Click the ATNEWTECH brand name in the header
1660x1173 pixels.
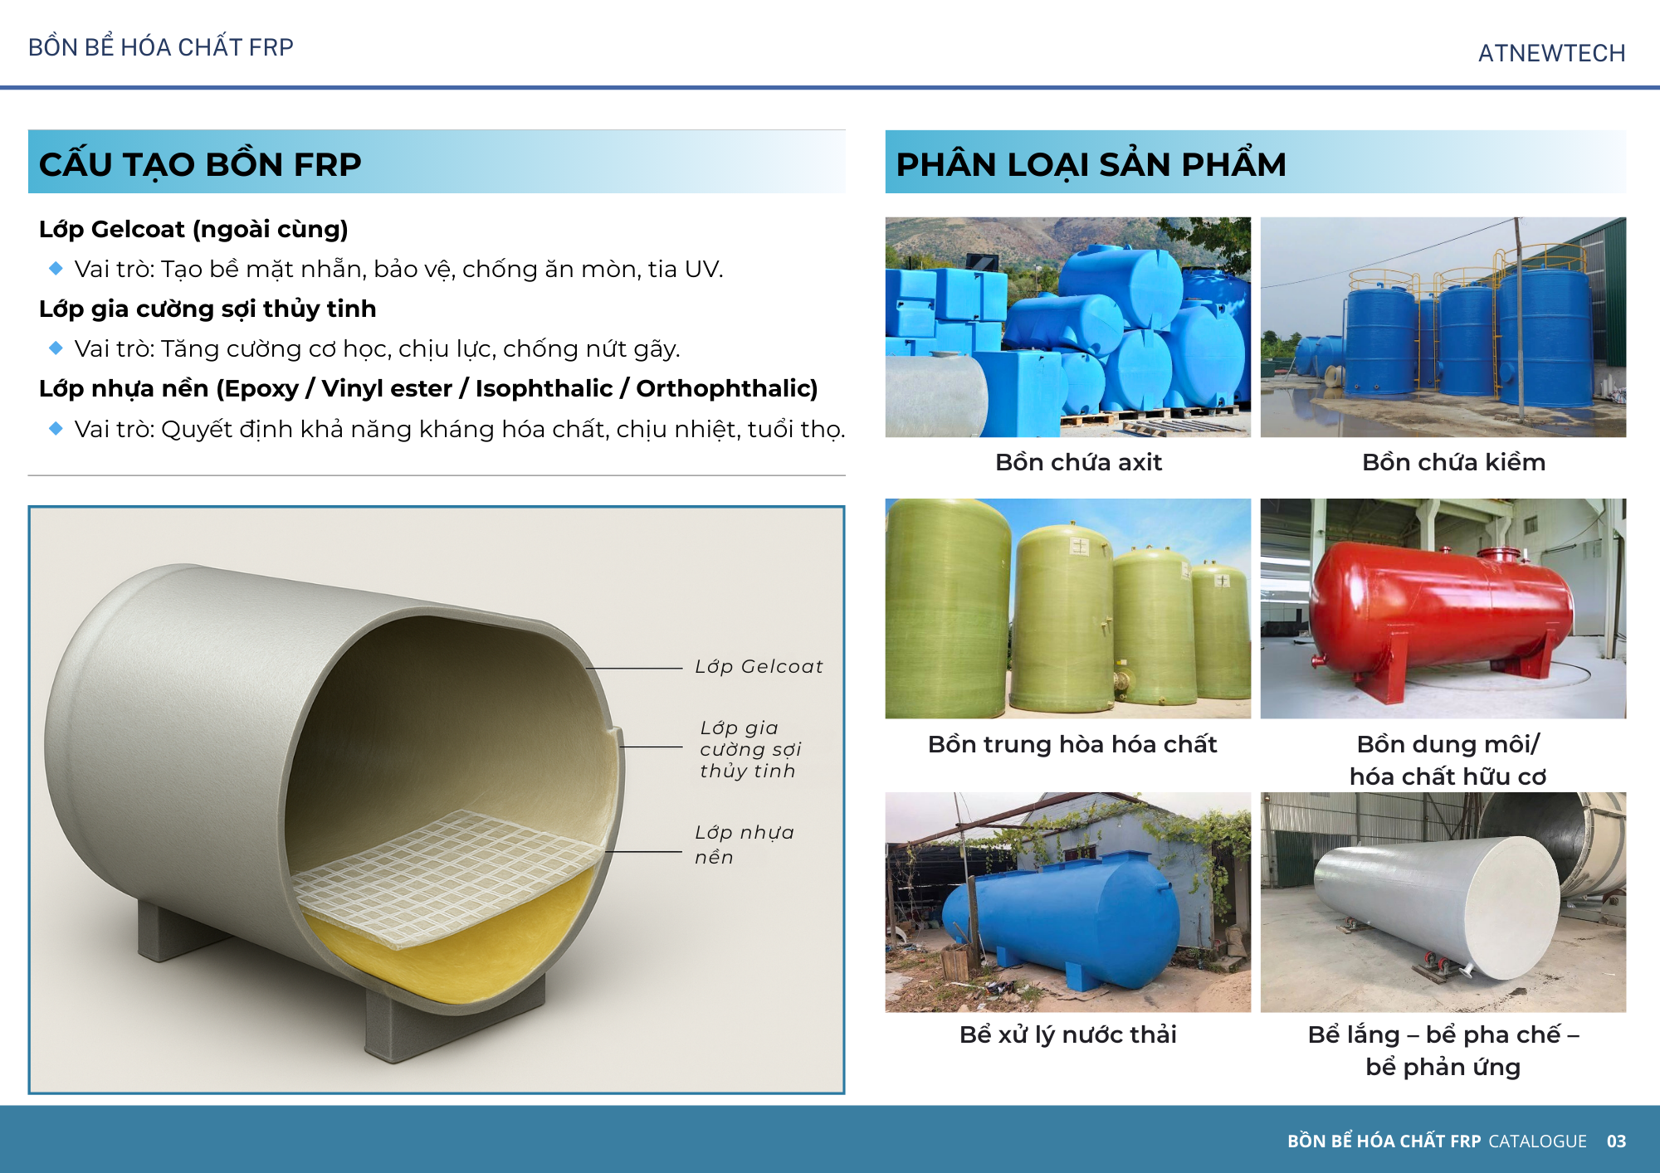click(1551, 53)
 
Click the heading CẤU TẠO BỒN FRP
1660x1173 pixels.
click(200, 164)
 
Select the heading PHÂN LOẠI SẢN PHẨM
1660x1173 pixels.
click(1091, 164)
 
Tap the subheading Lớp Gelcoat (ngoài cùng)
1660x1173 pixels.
click(193, 229)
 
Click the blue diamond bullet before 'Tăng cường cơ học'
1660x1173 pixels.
click(56, 348)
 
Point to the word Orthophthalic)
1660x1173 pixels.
click(727, 388)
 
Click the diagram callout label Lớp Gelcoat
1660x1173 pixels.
click(759, 666)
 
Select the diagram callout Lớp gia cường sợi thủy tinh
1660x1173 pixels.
click(750, 749)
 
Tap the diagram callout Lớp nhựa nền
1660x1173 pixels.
click(744, 844)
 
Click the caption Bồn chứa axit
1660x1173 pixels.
click(1078, 462)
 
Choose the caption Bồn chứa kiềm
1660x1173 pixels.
click(1453, 462)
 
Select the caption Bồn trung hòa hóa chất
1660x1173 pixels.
click(1072, 744)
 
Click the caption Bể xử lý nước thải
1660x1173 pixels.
click(1067, 1034)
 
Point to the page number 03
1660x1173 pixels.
click(1616, 1141)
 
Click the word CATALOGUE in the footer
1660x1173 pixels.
click(1537, 1141)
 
